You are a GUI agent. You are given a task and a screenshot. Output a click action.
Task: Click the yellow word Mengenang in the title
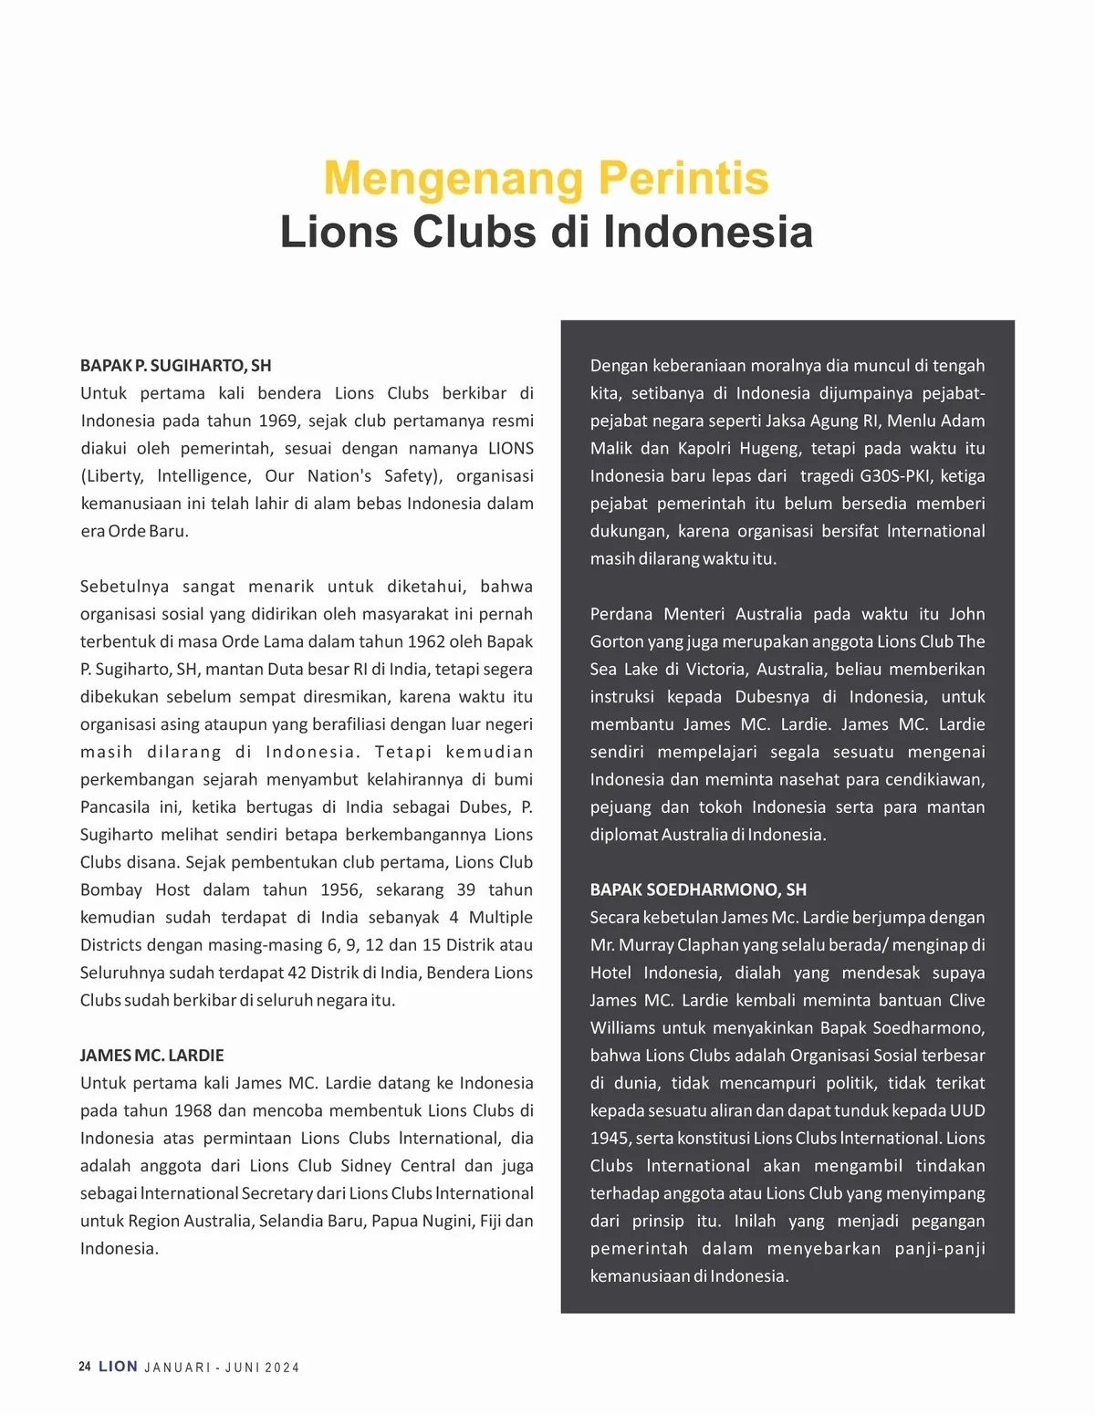click(454, 179)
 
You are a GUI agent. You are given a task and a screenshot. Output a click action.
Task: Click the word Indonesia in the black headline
click(707, 232)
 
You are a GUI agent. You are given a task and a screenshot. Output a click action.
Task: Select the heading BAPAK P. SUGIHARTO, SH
click(175, 366)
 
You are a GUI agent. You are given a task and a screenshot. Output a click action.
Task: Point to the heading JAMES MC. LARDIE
click(151, 1056)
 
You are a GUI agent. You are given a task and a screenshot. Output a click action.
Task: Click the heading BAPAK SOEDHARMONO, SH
click(698, 890)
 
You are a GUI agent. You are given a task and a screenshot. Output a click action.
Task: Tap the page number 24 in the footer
click(85, 1367)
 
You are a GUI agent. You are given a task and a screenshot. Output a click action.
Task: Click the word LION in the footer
click(119, 1367)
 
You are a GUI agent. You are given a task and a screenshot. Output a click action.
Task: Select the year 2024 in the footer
click(282, 1368)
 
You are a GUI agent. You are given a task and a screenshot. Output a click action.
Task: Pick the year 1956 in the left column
click(340, 890)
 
